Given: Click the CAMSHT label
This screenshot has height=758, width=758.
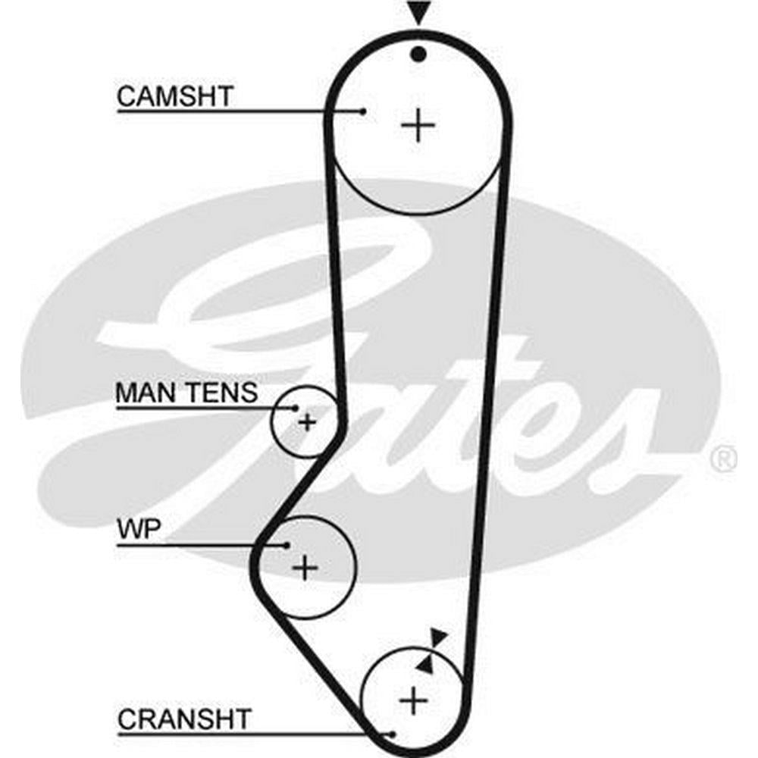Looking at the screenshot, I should (176, 97).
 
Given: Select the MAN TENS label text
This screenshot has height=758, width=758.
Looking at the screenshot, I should (186, 393).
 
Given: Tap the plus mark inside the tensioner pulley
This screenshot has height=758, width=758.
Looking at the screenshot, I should (306, 421).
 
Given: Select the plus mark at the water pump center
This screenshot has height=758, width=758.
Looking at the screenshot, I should (305, 566).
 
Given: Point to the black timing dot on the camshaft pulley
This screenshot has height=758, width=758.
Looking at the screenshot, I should (418, 53).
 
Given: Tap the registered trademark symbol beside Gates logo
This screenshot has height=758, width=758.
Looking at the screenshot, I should (724, 458).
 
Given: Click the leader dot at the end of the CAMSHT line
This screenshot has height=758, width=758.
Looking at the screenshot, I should (363, 111).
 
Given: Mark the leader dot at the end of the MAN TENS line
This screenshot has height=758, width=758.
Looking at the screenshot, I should (295, 408).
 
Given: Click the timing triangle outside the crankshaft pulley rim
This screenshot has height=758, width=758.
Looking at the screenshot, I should (437, 638).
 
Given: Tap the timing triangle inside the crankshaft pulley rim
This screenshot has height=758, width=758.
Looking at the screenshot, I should (425, 665).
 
